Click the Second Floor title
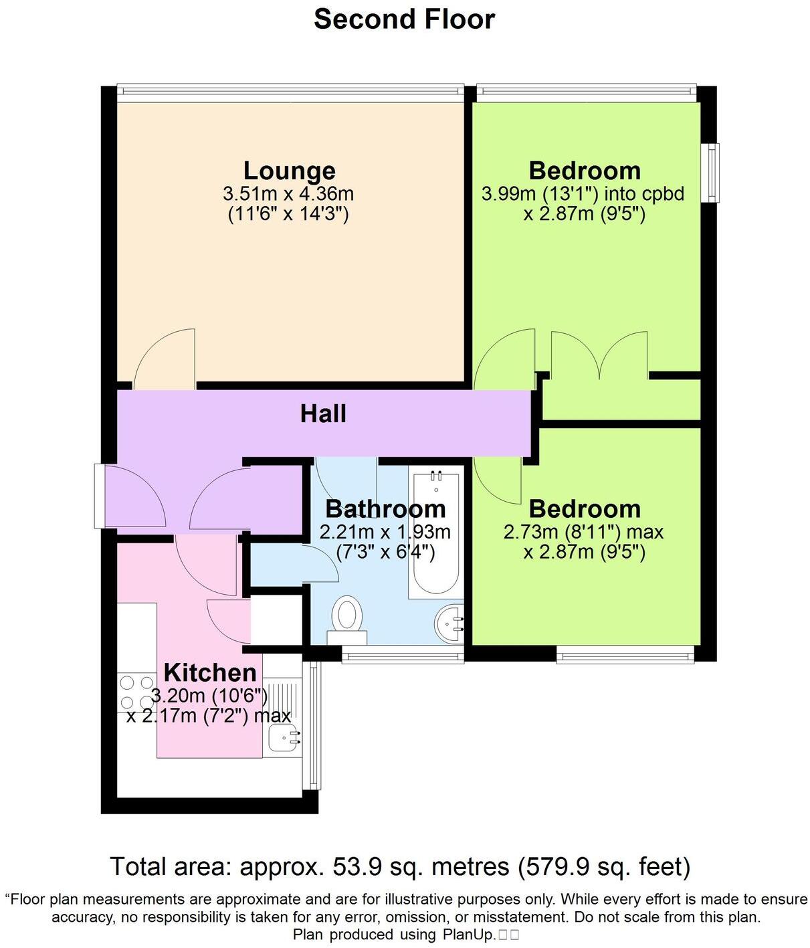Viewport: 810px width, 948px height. (x=404, y=19)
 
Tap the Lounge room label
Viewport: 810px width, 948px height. (x=289, y=171)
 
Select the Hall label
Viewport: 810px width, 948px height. (x=323, y=413)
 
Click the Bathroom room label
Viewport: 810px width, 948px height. (x=385, y=509)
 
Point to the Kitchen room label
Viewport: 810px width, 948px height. (x=210, y=672)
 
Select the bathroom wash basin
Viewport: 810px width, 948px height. (x=449, y=623)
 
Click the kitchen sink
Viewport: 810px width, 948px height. (x=283, y=739)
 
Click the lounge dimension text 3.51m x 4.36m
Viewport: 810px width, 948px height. (x=288, y=194)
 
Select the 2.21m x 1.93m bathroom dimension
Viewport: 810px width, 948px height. (x=385, y=533)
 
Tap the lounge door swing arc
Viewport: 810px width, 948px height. (x=164, y=358)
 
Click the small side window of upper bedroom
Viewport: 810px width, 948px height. (x=714, y=172)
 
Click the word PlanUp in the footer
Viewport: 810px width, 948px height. (x=467, y=935)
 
